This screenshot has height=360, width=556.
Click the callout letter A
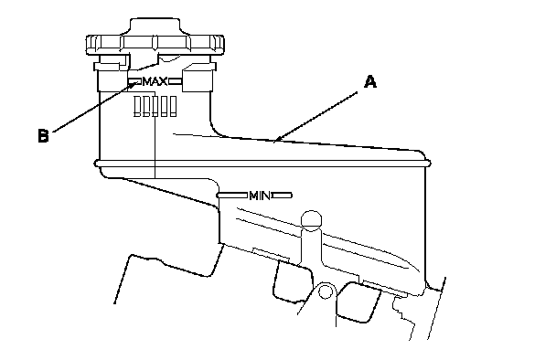coord(370,82)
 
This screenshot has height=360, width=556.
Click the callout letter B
coord(43,136)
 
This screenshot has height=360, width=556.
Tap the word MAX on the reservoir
coord(155,82)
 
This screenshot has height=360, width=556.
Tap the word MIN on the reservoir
coord(260,196)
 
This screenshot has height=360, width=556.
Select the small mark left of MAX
coord(134,82)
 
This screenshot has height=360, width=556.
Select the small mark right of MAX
coord(176,82)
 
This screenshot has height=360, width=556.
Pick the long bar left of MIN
coord(232,196)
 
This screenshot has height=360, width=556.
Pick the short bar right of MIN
coord(283,196)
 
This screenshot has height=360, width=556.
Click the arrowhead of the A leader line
coord(278,139)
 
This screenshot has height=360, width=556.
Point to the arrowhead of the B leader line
coord(136,83)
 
